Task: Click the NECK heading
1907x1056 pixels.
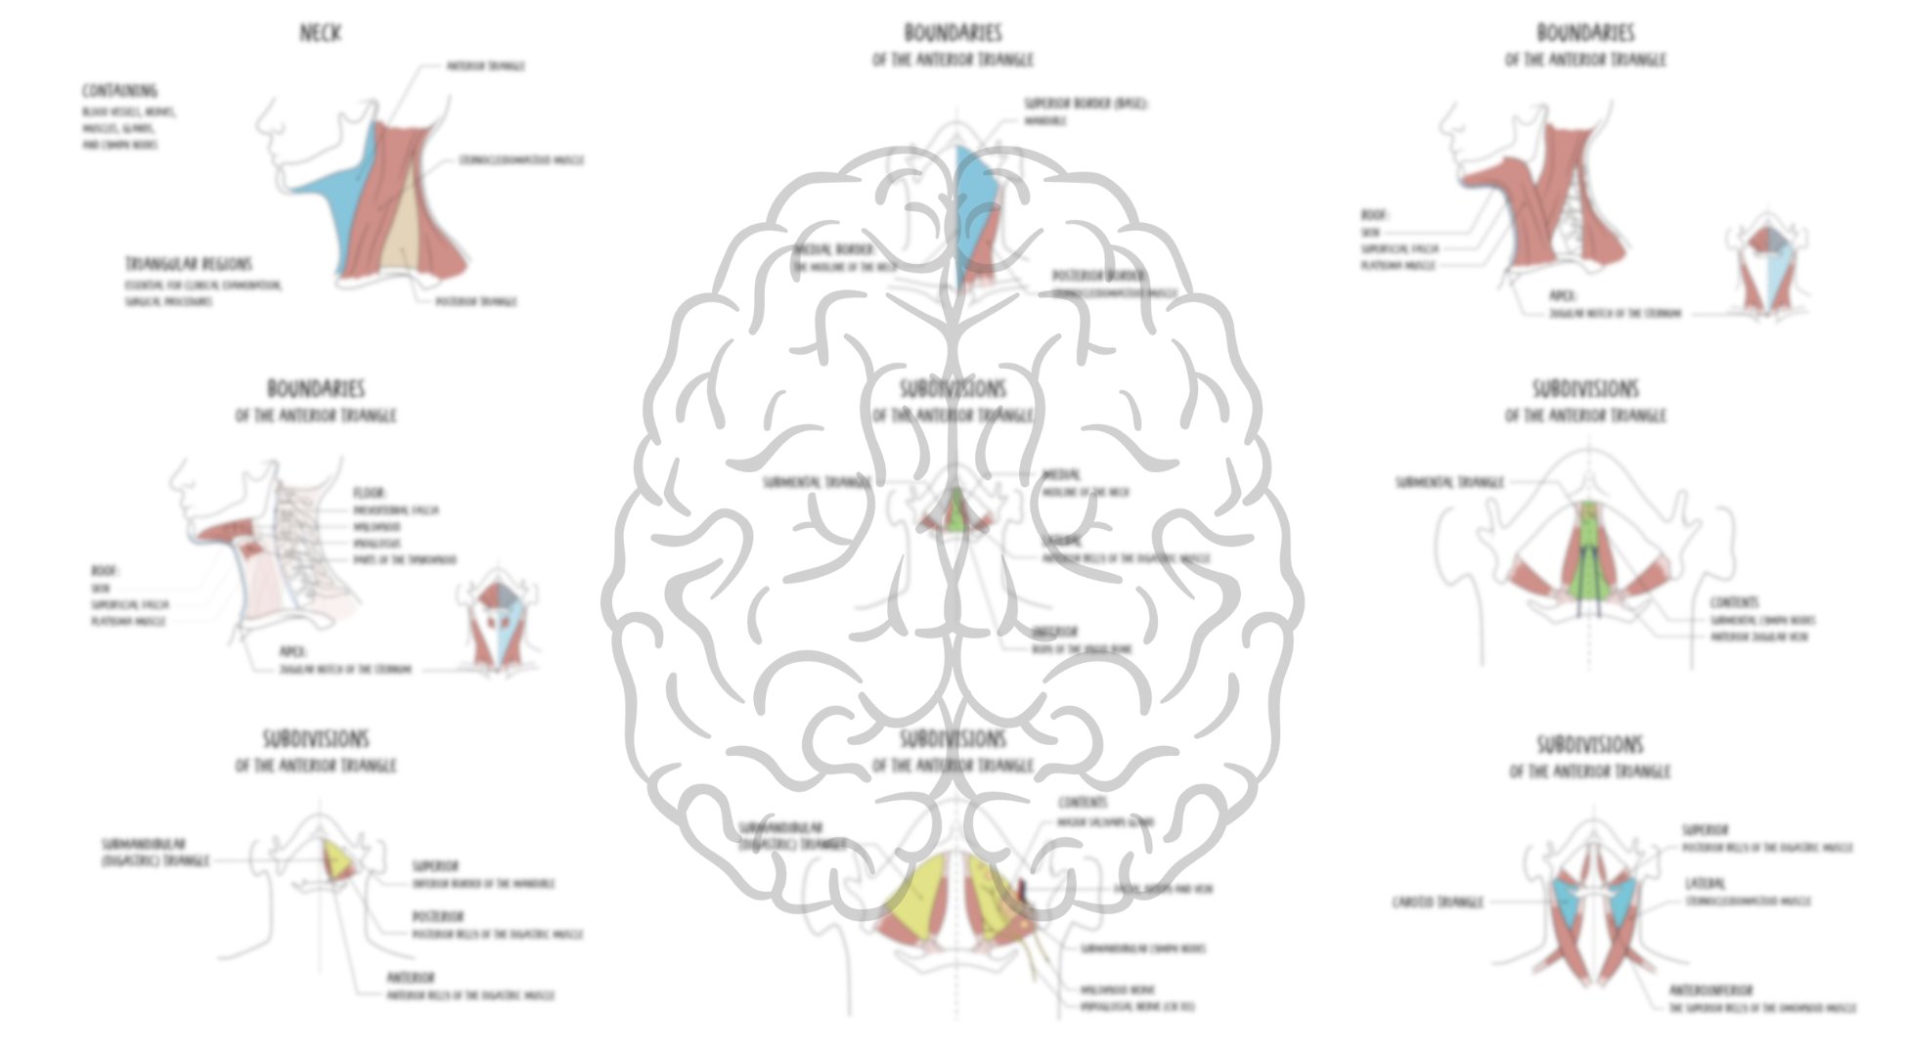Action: pos(320,33)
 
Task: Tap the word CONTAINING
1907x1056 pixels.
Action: pos(119,91)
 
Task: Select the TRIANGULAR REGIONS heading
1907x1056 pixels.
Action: pos(188,264)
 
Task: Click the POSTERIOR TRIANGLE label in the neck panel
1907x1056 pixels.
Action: pos(475,301)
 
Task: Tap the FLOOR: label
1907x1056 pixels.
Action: pos(370,493)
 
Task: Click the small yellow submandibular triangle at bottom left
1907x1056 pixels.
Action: pos(339,860)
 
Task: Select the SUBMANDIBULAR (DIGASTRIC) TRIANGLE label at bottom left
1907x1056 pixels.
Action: pos(155,852)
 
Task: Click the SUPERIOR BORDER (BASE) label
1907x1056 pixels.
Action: pos(1086,103)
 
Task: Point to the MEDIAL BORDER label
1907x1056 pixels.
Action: pos(833,250)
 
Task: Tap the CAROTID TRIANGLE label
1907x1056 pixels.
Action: pos(1438,902)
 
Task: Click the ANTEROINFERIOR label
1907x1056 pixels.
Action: pos(1710,990)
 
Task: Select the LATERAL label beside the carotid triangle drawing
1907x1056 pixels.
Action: pos(1706,883)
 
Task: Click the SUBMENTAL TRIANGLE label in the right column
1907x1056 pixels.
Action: pos(1449,482)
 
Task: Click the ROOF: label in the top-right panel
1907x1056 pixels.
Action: pos(1374,215)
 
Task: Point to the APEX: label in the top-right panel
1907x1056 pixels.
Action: pos(1563,295)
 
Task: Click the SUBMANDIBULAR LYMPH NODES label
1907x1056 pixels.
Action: pos(1142,948)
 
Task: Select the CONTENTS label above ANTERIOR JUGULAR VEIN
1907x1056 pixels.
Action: pos(1734,602)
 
